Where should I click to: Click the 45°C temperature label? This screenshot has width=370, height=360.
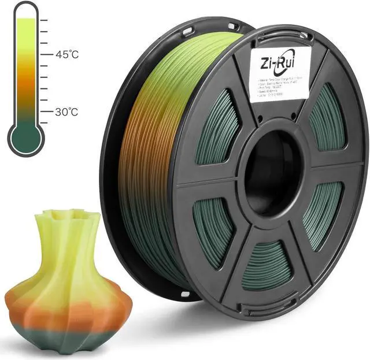[68, 55]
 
